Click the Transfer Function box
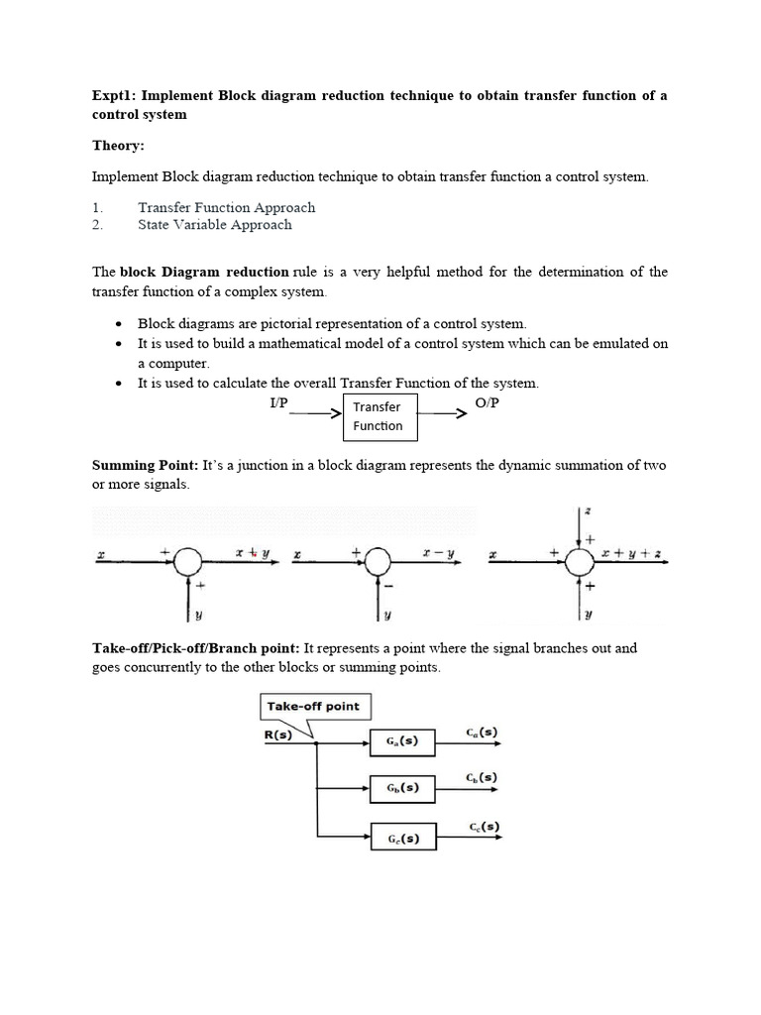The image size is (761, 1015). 380,416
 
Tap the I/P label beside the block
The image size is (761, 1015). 278,403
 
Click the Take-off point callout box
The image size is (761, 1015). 316,707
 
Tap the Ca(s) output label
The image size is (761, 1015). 482,733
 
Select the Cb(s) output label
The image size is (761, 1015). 482,778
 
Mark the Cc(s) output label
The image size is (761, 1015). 482,826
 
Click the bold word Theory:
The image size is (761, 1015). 118,146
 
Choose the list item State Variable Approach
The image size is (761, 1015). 214,225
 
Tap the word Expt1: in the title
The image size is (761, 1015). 114,95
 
